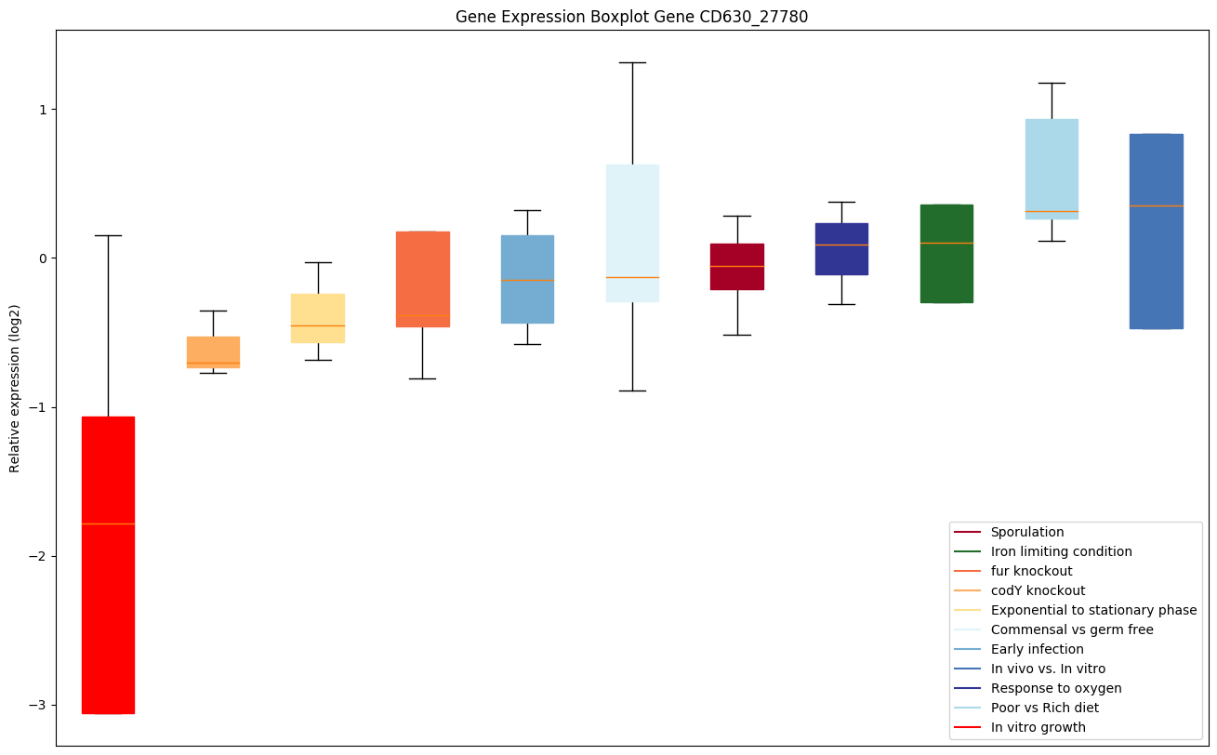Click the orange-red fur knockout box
coord(423,279)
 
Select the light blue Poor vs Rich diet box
coord(1052,168)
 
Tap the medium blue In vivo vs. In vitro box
coord(1156,232)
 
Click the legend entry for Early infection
coord(1037,649)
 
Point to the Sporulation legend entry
coord(1026,532)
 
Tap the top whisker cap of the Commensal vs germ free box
coord(632,62)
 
